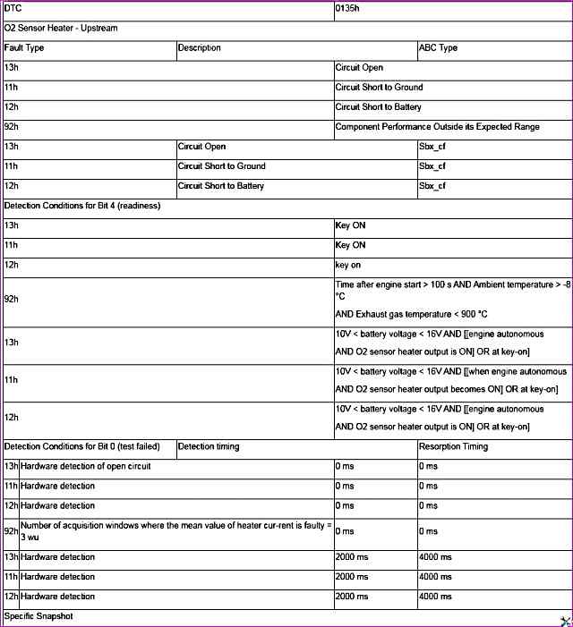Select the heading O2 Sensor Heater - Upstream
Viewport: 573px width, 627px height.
point(61,29)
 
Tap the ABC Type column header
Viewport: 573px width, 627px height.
point(438,48)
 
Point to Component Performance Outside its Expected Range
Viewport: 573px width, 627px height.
point(437,127)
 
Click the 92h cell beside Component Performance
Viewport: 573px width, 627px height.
point(12,127)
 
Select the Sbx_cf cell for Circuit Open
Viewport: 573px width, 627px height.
point(432,147)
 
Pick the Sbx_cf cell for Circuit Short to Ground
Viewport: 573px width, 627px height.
point(432,166)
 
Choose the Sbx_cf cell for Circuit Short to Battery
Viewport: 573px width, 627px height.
point(432,186)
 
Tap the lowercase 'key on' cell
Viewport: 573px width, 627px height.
point(348,265)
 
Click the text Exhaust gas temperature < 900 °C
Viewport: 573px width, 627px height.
point(412,314)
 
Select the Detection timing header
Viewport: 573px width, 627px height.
point(209,446)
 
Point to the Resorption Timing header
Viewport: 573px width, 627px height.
point(453,446)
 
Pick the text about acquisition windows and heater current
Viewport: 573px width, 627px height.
point(175,531)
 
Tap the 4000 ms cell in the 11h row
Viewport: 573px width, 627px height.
point(435,577)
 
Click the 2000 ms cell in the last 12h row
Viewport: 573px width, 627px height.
point(351,597)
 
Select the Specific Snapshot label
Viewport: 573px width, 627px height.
point(38,616)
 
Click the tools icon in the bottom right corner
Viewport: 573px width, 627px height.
point(565,619)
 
